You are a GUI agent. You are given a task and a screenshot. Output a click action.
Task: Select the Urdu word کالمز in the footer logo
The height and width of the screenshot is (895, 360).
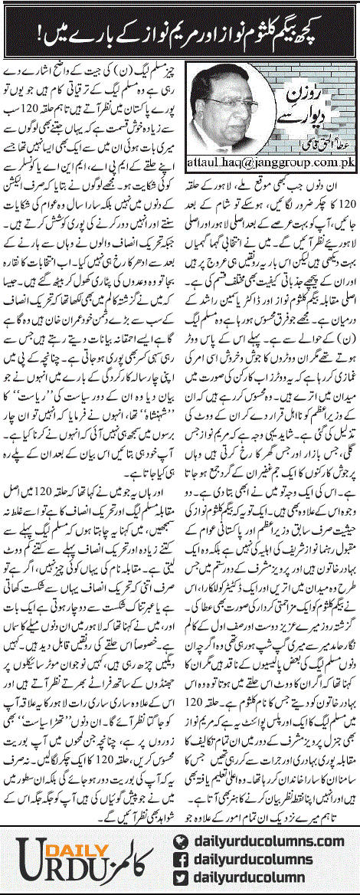pyautogui.click(x=130, y=854)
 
